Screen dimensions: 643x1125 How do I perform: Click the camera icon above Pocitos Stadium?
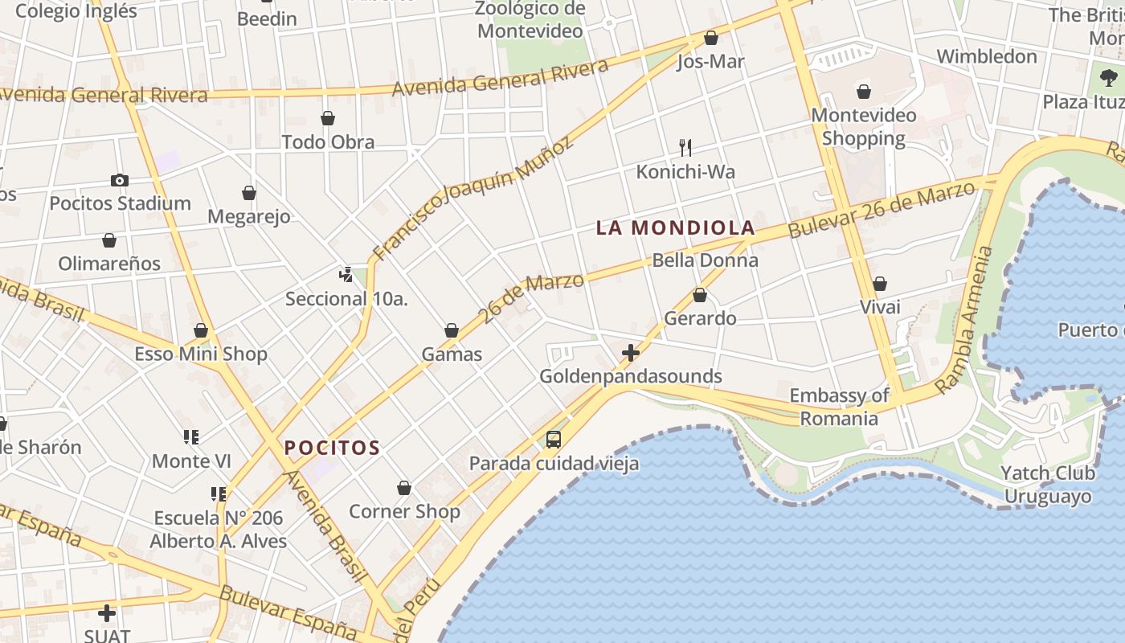click(120, 180)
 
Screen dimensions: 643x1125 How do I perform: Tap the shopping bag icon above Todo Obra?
click(328, 119)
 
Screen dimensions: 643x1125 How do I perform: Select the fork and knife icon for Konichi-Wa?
click(685, 147)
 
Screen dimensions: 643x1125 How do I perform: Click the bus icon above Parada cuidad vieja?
click(554, 439)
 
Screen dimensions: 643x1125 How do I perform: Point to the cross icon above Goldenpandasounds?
click(631, 352)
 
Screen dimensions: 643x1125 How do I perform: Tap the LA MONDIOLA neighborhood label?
click(675, 227)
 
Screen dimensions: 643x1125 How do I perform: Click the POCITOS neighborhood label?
click(332, 448)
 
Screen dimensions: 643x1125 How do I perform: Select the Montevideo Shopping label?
click(863, 127)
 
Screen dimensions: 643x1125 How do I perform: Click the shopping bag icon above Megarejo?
click(249, 193)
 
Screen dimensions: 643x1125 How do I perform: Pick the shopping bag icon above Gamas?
click(452, 330)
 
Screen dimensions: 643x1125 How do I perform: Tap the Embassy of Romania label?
click(839, 407)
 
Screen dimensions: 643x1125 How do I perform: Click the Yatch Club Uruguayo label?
click(1048, 485)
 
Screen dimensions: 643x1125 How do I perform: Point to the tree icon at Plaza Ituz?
click(1109, 78)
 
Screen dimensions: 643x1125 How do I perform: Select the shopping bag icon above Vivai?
click(880, 284)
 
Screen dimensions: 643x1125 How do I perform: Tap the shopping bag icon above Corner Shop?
click(404, 488)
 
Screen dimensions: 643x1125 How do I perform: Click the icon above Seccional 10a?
click(346, 275)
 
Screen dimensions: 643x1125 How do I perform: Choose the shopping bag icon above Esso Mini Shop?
click(201, 330)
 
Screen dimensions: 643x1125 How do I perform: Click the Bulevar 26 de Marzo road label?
click(882, 210)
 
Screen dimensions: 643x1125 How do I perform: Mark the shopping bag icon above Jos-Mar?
click(710, 38)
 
